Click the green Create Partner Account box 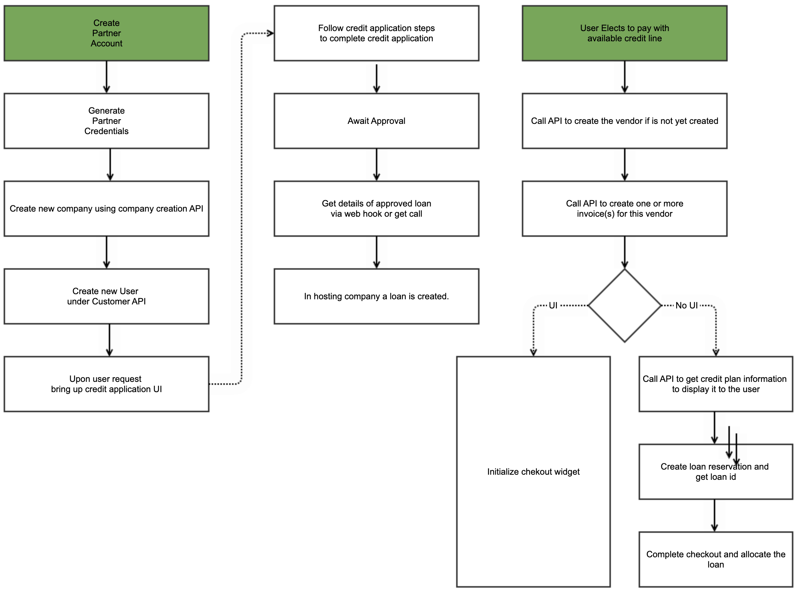click(x=106, y=33)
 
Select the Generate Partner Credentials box click(x=106, y=121)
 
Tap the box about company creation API click(x=106, y=209)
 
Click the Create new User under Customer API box click(x=106, y=296)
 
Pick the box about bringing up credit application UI click(x=106, y=384)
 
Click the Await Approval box click(x=376, y=121)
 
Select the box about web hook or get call click(x=376, y=209)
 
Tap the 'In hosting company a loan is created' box click(x=376, y=296)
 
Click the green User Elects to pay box click(x=624, y=33)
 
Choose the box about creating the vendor click(x=624, y=121)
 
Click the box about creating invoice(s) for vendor click(x=624, y=209)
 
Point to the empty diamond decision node click(x=624, y=306)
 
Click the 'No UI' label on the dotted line click(x=686, y=306)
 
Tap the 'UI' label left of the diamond click(x=553, y=306)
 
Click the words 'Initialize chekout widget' click(x=533, y=472)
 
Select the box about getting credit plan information click(x=715, y=384)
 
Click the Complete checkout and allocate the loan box click(x=715, y=559)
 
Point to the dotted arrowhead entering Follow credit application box click(x=270, y=34)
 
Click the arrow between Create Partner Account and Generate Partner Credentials click(x=106, y=77)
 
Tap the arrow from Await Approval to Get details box click(x=376, y=165)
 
